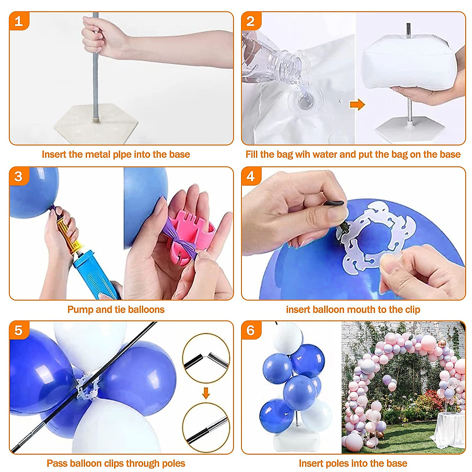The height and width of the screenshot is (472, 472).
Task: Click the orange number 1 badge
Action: (x=19, y=21)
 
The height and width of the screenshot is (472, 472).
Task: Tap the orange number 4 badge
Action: (x=251, y=176)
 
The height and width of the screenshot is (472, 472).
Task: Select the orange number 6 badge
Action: (x=251, y=330)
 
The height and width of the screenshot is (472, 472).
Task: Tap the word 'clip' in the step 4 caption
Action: (x=413, y=310)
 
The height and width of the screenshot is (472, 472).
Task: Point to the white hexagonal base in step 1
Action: (x=96, y=124)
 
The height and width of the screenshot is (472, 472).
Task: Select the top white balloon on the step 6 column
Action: (x=288, y=338)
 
